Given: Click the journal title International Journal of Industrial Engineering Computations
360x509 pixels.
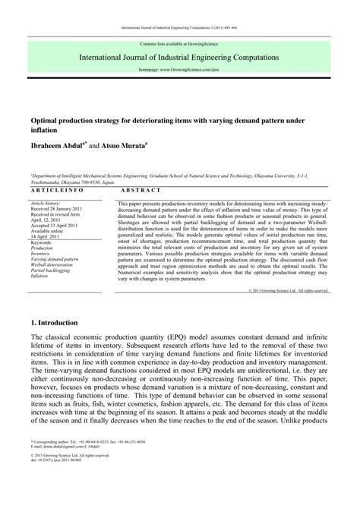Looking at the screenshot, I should [179, 57].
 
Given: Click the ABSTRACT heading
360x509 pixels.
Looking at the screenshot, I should [141, 190].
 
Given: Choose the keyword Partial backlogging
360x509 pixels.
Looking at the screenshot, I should [52, 271].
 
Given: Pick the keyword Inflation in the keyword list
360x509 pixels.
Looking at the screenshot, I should [39, 277].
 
